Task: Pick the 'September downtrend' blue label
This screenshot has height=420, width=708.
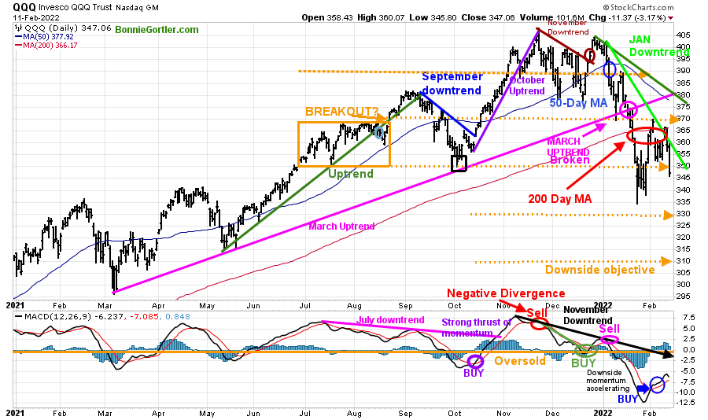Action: [x=452, y=83]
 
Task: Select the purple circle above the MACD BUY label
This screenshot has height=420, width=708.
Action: [x=474, y=361]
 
